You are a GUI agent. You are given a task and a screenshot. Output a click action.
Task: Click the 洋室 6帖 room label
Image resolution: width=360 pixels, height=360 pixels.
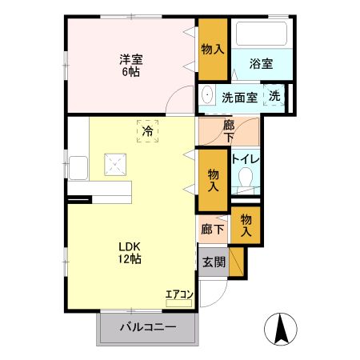click(x=131, y=63)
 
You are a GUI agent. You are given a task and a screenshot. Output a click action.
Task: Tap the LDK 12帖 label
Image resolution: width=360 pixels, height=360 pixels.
click(x=130, y=253)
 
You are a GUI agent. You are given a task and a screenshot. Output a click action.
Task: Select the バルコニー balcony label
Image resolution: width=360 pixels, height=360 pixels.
click(x=148, y=327)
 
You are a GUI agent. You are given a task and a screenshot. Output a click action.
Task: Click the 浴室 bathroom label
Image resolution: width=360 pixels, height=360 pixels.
click(x=261, y=65)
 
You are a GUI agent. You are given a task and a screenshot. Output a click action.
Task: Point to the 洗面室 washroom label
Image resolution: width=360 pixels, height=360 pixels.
click(x=239, y=98)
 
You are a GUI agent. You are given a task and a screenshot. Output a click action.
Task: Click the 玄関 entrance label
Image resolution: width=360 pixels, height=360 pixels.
click(x=214, y=262)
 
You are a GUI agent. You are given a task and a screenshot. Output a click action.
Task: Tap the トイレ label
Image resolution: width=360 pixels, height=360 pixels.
click(x=245, y=158)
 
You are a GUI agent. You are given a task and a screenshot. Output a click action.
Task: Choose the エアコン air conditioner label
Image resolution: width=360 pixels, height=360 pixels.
click(x=179, y=294)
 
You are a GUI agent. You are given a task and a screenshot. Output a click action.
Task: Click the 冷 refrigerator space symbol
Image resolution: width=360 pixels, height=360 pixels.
click(x=147, y=130)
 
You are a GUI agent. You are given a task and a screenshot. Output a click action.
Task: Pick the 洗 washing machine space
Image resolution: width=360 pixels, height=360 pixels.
click(x=274, y=97)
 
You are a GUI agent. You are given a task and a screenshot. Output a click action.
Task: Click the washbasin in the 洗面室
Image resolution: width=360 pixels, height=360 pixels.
click(x=206, y=94)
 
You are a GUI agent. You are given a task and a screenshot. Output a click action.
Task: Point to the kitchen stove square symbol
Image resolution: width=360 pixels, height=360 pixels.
click(x=113, y=166)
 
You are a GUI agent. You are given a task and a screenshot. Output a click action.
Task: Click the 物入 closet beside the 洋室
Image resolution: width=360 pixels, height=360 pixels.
click(x=213, y=49)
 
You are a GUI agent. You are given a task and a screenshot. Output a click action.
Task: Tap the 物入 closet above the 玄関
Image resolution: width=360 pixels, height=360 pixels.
click(x=246, y=225)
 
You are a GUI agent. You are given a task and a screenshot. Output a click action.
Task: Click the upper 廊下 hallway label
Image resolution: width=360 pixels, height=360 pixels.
click(x=230, y=131)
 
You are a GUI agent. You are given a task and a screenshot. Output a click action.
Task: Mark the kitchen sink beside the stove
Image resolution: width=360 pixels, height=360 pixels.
click(x=78, y=168)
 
